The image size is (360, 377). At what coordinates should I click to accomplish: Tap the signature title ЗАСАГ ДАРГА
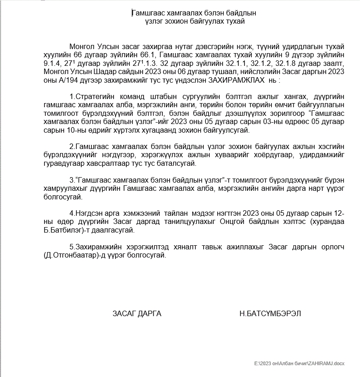click(137, 313)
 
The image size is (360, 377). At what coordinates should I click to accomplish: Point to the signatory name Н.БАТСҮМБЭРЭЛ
click(270, 313)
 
